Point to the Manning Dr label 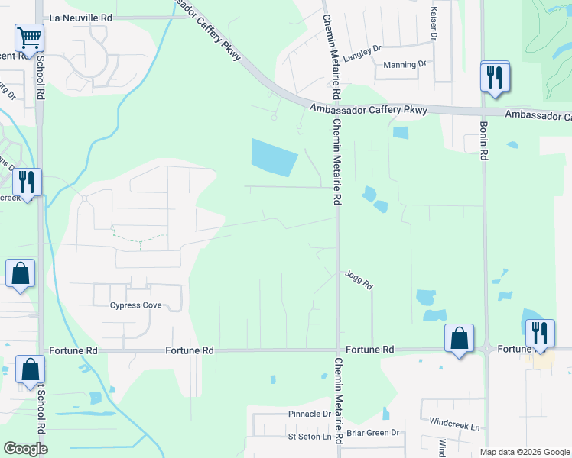pyautogui.click(x=405, y=65)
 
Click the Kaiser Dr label pyautogui.click(x=434, y=23)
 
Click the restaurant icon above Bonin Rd pyautogui.click(x=495, y=77)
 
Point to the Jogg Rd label pyautogui.click(x=358, y=280)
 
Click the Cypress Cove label pyautogui.click(x=136, y=305)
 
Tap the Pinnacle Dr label pyautogui.click(x=309, y=414)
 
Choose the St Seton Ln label pyautogui.click(x=310, y=437)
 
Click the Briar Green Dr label pyautogui.click(x=373, y=433)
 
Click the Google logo pyautogui.click(x=25, y=449)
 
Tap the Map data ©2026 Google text pyautogui.click(x=524, y=452)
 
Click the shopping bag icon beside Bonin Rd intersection pyautogui.click(x=459, y=338)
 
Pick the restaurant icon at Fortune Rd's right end pyautogui.click(x=540, y=334)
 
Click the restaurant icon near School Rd pyautogui.click(x=27, y=183)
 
